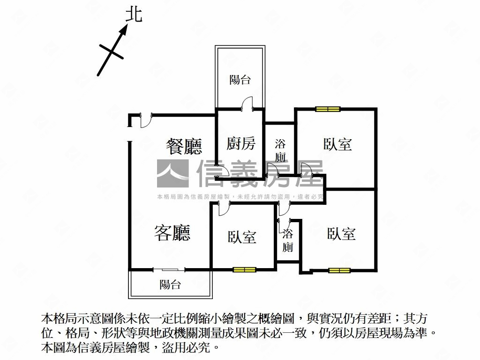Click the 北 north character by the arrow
point(134,15)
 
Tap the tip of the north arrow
point(127,24)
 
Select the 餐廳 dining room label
point(184,146)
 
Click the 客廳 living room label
point(172,233)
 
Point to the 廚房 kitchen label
point(241,143)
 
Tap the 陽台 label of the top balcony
point(240,80)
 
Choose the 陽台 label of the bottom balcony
point(170,285)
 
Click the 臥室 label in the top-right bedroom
point(337,144)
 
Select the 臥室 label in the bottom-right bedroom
point(341,234)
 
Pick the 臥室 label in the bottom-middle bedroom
point(242,237)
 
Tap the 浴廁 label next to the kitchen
point(280,150)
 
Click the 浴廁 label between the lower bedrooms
point(287,240)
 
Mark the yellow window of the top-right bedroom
point(328,109)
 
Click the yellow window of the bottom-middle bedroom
point(244,270)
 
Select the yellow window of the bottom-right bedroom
point(339,270)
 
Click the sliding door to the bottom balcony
point(169,270)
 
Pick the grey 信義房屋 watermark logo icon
point(172,173)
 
